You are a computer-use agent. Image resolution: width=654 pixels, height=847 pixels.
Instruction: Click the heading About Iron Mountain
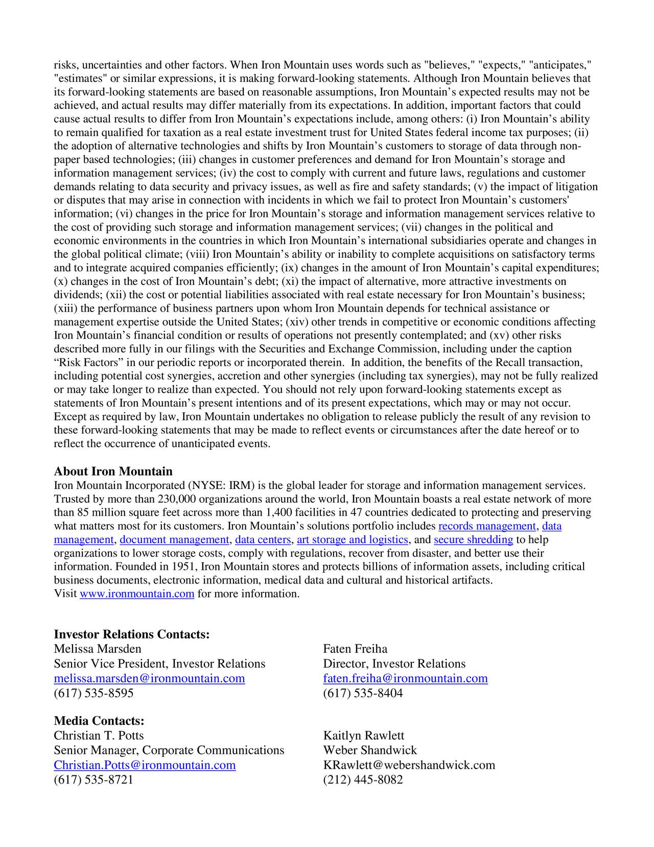click(113, 471)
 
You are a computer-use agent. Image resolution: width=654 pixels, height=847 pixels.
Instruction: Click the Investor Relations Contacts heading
click(132, 634)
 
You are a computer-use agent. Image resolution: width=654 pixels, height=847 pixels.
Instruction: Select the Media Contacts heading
click(99, 721)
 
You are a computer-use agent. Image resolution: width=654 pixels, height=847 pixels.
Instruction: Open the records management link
click(487, 526)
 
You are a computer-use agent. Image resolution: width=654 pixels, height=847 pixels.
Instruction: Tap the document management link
click(174, 540)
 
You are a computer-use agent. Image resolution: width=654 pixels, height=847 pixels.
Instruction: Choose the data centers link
click(263, 540)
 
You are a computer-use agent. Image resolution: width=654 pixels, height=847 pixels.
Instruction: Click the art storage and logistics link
click(352, 540)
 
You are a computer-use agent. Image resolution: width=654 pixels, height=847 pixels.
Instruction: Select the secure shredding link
click(473, 540)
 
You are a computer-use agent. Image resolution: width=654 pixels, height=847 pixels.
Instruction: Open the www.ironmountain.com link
click(137, 594)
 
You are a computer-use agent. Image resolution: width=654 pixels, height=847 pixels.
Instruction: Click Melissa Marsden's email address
click(149, 678)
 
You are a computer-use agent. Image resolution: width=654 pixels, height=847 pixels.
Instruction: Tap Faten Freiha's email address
click(405, 678)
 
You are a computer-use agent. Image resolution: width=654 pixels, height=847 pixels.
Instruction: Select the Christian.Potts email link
click(145, 765)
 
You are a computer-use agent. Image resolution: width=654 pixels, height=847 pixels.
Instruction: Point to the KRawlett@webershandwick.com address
click(409, 765)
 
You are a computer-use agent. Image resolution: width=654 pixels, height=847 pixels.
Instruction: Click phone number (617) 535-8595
click(94, 693)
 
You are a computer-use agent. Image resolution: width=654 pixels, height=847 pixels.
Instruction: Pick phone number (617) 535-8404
click(363, 693)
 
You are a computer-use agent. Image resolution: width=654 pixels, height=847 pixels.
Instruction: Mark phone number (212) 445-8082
click(363, 779)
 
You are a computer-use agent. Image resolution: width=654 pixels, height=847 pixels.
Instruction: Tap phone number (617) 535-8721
click(94, 779)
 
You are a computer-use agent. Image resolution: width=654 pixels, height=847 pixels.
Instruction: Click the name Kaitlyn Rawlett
click(363, 735)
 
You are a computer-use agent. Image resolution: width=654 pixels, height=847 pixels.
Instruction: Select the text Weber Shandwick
click(370, 750)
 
